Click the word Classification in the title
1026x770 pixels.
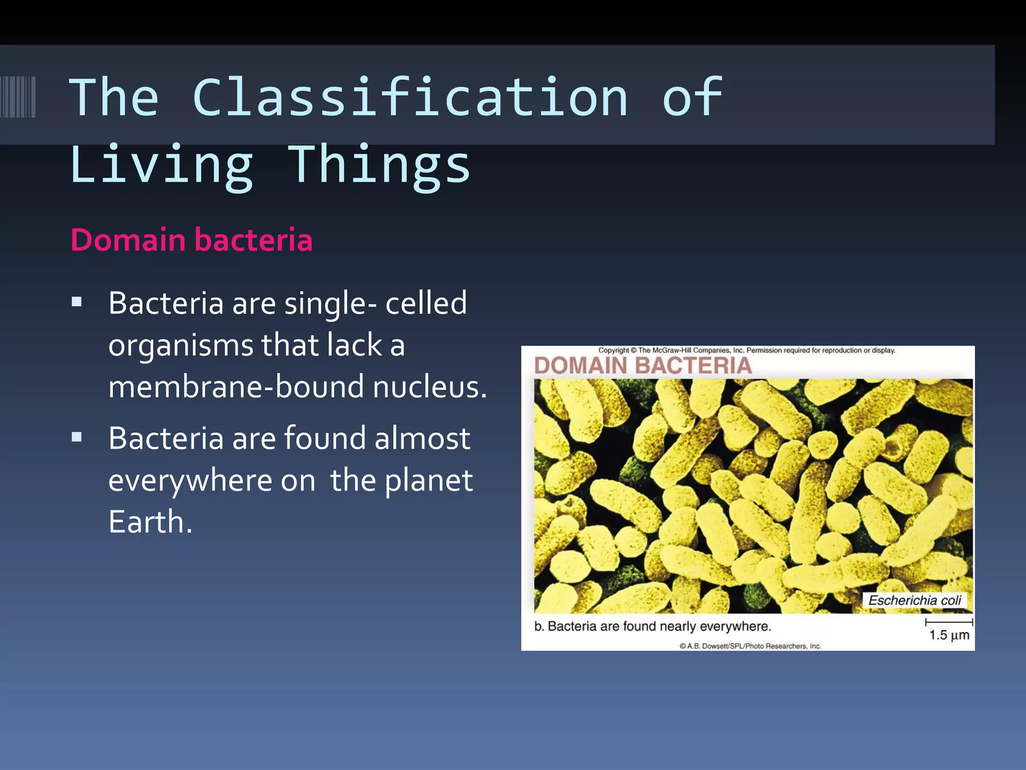(410, 98)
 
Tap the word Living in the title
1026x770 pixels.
(161, 164)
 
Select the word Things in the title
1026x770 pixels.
(379, 164)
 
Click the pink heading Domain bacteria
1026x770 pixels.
(191, 240)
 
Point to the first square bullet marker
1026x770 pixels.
(77, 302)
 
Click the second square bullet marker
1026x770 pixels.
(77, 437)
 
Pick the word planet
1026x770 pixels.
(429, 480)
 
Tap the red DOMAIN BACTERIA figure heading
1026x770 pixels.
(643, 365)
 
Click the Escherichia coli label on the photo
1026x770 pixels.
(914, 600)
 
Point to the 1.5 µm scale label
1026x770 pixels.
(949, 635)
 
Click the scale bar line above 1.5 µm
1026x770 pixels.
(949, 622)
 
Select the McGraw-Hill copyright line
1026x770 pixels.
(746, 350)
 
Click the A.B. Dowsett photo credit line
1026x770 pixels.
(750, 646)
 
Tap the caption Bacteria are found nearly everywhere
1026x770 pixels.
(653, 626)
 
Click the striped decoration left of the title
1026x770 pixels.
(18, 97)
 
